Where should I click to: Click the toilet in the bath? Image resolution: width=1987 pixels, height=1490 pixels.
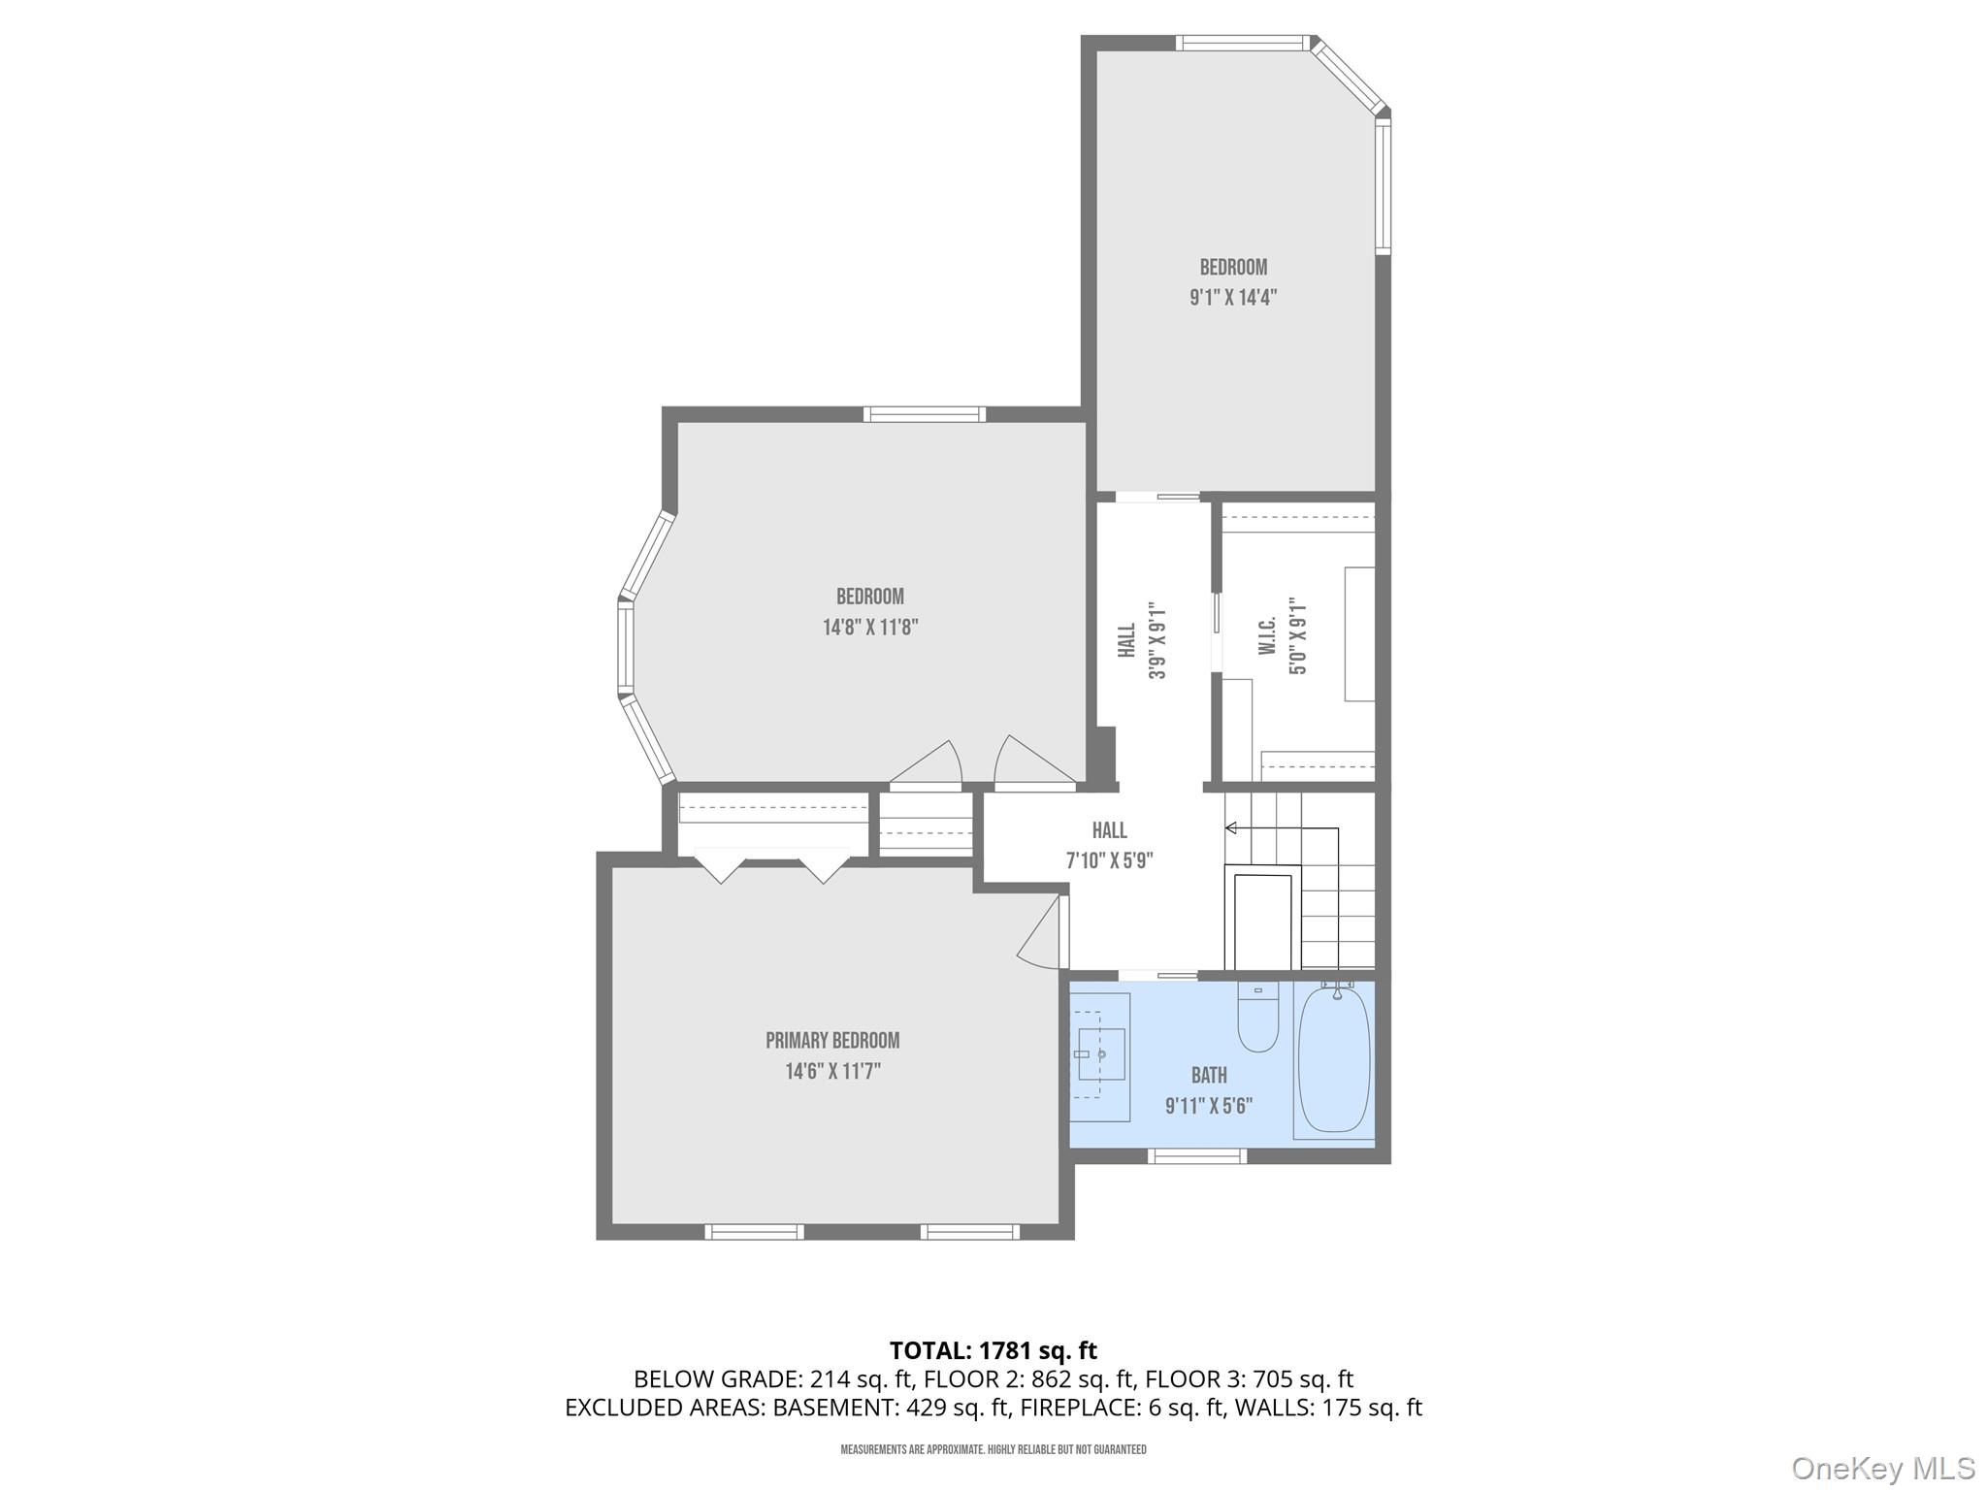pos(1258,1019)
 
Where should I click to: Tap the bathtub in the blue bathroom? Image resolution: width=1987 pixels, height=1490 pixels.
pos(1334,1060)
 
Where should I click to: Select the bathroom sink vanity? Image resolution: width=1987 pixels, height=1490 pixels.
pos(1100,1056)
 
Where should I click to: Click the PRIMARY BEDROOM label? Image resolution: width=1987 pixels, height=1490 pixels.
pos(832,1041)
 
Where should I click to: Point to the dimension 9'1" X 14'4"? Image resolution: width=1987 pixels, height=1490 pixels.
pos(1232,298)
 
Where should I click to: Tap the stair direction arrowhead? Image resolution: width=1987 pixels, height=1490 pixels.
pos(1230,827)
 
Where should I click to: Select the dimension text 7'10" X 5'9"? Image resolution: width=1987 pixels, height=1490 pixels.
pos(1109,860)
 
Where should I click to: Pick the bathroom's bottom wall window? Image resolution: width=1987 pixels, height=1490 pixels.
pos(1196,1155)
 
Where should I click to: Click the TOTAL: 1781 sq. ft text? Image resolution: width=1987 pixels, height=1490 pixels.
pos(993,1350)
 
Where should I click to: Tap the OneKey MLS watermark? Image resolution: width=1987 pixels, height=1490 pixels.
pos(1882,1468)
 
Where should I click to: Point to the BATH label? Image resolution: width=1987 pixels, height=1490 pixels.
pos(1209,1075)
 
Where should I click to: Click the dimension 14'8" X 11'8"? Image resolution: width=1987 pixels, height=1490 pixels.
pos(870,628)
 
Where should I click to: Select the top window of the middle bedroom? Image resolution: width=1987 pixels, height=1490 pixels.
pos(924,414)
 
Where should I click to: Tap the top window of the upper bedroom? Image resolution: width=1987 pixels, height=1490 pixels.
pos(1243,43)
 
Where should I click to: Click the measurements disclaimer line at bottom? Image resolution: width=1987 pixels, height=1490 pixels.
pos(993,1449)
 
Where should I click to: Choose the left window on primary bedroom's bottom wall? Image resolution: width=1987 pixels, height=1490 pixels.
pos(754,1232)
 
